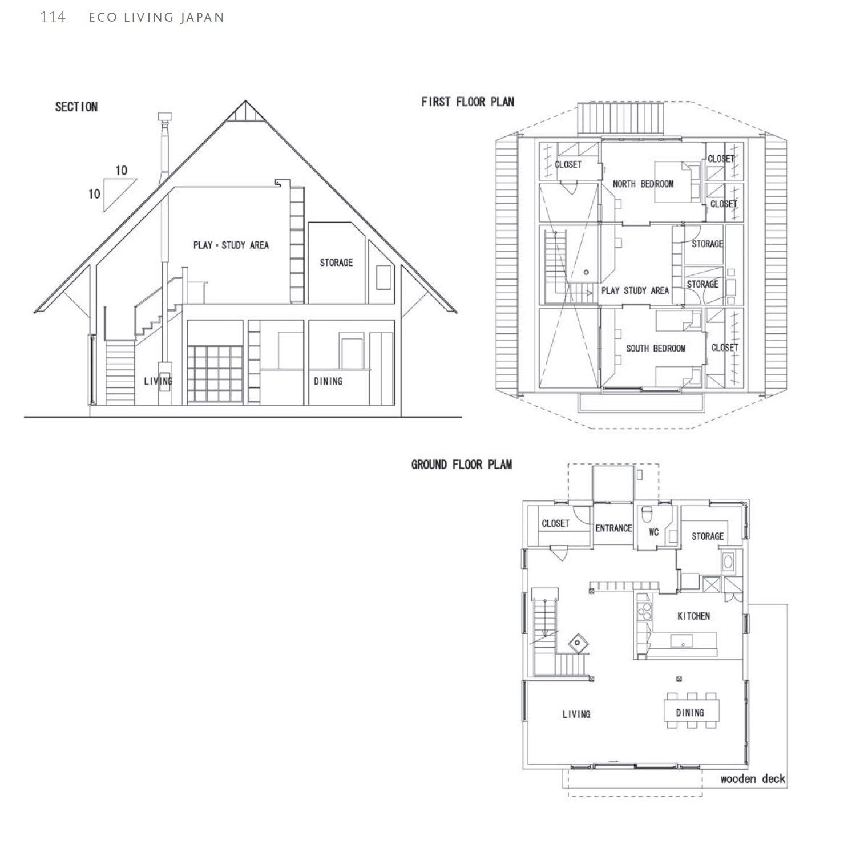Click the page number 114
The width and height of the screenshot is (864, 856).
[x=53, y=18]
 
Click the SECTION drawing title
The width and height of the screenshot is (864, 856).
[x=76, y=107]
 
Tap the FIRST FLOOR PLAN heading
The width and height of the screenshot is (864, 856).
[x=467, y=102]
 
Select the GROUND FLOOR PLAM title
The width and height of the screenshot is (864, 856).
[x=461, y=465]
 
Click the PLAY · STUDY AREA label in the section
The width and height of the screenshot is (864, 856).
[x=231, y=245]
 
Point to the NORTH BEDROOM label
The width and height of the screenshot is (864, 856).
[x=643, y=184]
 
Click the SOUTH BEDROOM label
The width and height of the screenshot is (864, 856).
[x=656, y=348]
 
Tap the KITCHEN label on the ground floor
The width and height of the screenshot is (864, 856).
[x=693, y=616]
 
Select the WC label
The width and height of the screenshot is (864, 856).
[x=654, y=532]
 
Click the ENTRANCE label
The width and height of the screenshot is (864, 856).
[x=613, y=528]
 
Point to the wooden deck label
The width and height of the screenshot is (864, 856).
[x=753, y=779]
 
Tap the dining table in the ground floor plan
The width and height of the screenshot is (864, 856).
[x=692, y=710]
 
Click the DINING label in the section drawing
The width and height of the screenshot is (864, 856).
[x=328, y=381]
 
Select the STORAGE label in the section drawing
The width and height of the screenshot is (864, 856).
[x=336, y=263]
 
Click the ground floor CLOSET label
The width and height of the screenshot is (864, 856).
[x=555, y=523]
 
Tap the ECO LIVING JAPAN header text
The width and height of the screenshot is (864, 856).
[x=156, y=18]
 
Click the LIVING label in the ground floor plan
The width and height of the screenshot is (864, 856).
[x=576, y=714]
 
